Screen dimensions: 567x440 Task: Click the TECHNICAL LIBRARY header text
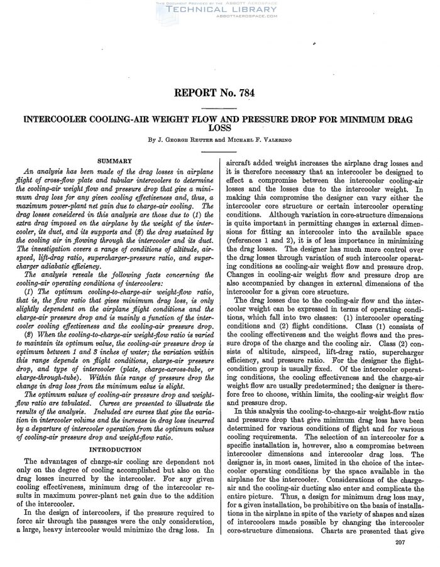(x=219, y=10)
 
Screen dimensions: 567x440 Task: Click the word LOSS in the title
(x=219, y=127)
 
